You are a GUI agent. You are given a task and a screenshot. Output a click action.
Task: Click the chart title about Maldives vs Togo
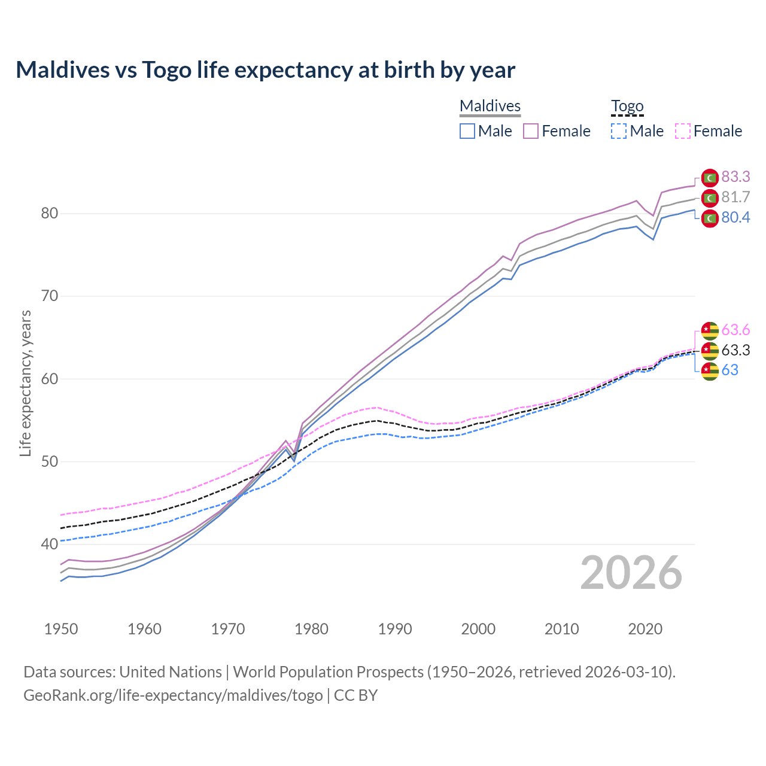pyautogui.click(x=265, y=70)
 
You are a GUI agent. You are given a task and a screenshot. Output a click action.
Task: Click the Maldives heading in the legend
pyautogui.click(x=490, y=107)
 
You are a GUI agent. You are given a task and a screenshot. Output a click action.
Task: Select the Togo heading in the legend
pyautogui.click(x=627, y=107)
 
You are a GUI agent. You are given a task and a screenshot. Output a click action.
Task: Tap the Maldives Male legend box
pyautogui.click(x=467, y=131)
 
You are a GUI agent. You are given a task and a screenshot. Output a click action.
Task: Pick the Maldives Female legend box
pyautogui.click(x=531, y=131)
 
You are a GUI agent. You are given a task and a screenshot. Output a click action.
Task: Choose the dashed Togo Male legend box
pyautogui.click(x=619, y=131)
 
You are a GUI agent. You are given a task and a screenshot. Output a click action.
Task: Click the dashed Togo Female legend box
pyautogui.click(x=683, y=131)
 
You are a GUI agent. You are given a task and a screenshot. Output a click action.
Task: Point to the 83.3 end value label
pyautogui.click(x=735, y=177)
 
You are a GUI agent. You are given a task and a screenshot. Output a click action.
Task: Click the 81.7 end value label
pyautogui.click(x=735, y=197)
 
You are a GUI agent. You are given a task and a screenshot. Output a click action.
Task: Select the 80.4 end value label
pyautogui.click(x=735, y=218)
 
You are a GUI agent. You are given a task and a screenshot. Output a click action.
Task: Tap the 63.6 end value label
pyautogui.click(x=735, y=330)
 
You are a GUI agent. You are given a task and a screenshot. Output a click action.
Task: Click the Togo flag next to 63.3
pyautogui.click(x=710, y=350)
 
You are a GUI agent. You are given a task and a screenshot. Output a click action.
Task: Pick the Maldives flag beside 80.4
pyautogui.click(x=710, y=218)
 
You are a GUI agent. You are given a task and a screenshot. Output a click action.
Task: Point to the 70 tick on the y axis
pyautogui.click(x=50, y=296)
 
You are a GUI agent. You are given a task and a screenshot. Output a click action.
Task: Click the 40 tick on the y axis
pyautogui.click(x=50, y=544)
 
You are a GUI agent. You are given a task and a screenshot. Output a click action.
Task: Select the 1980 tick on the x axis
pyautogui.click(x=311, y=630)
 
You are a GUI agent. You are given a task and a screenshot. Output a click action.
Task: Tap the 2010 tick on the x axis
pyautogui.click(x=561, y=630)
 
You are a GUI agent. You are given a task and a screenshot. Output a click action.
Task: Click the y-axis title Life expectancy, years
pyautogui.click(x=26, y=383)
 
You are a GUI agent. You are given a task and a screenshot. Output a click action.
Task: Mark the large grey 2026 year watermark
pyautogui.click(x=631, y=573)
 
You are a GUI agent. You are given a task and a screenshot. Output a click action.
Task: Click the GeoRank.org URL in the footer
pyautogui.click(x=173, y=695)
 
